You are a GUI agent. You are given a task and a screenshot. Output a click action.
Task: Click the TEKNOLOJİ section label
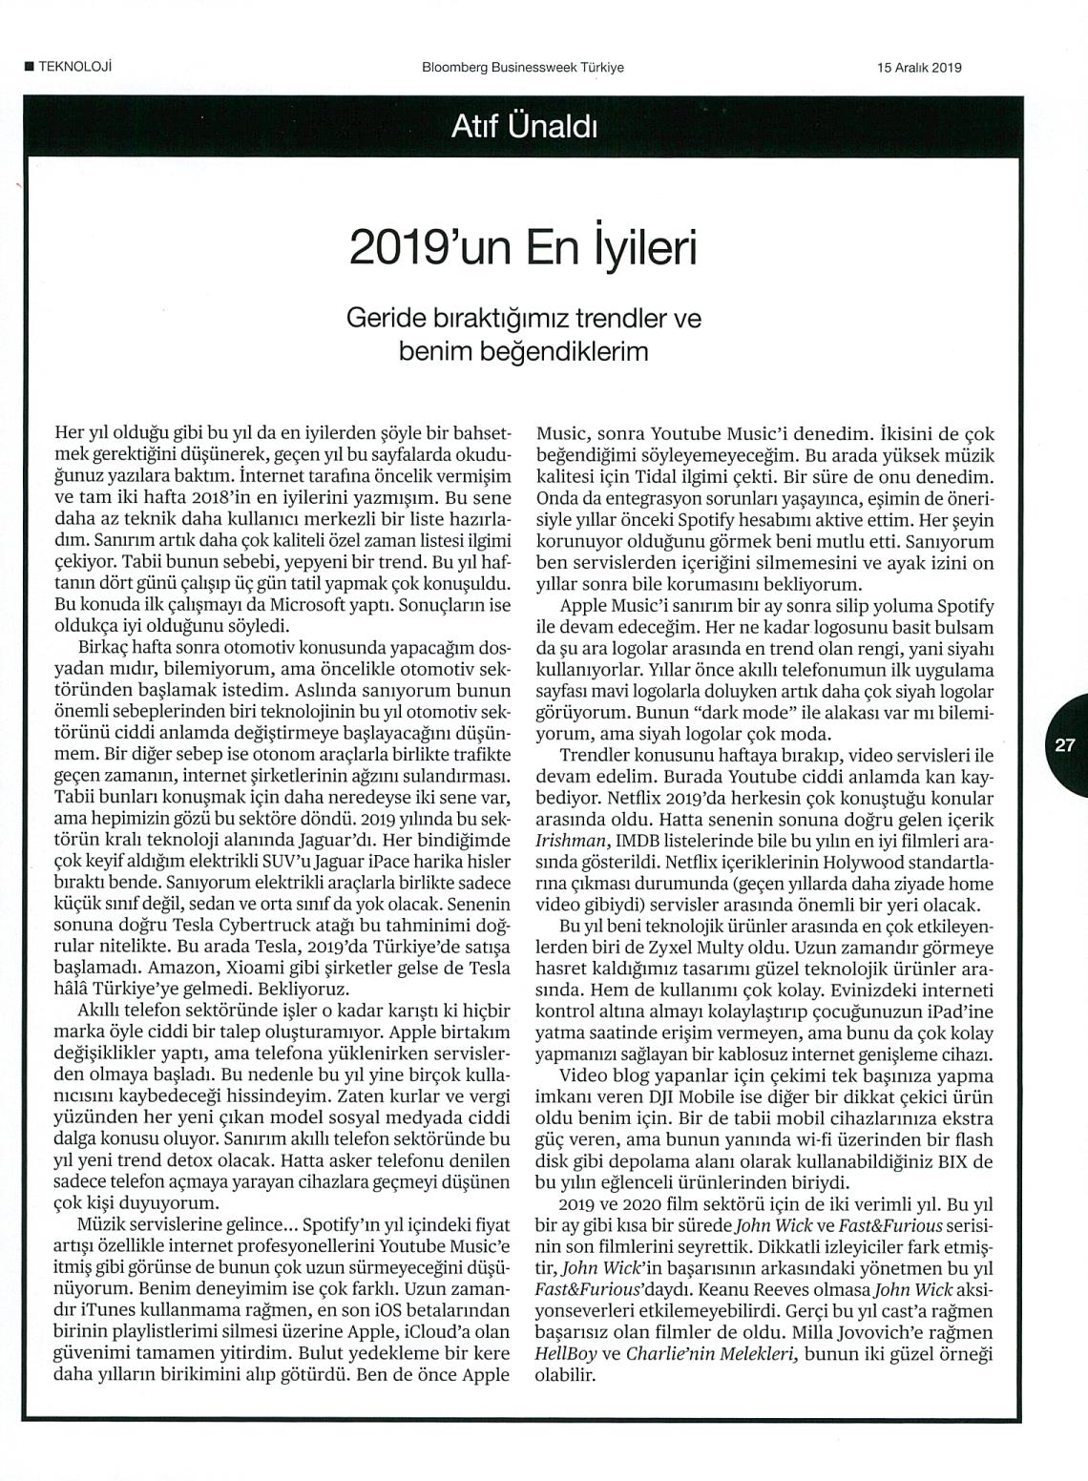point(73,67)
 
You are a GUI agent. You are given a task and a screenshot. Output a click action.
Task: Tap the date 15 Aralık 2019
point(918,68)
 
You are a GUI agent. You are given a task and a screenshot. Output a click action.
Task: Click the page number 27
point(1065,746)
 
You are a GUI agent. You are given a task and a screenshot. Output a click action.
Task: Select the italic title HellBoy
point(563,1354)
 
